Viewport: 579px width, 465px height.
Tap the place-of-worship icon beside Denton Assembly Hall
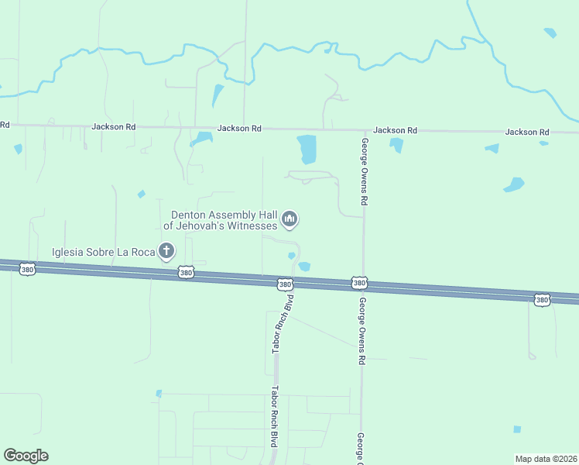290,220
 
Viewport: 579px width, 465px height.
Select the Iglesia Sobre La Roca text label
102,251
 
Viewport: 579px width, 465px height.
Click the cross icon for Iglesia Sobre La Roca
166,251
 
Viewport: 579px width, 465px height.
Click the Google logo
26,456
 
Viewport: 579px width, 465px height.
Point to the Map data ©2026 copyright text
545,459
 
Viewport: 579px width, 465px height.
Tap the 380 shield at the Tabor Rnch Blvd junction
286,284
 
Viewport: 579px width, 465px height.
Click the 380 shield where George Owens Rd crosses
359,284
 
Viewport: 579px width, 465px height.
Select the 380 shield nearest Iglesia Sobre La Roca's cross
185,272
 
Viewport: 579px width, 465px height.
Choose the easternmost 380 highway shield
542,299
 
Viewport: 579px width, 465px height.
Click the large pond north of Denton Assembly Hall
307,148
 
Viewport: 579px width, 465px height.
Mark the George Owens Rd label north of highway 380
364,171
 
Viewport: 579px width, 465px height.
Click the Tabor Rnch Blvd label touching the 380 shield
283,325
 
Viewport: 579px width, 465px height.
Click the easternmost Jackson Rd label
527,133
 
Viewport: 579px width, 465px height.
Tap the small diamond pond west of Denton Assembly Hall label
141,194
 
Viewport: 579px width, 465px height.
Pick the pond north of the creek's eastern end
550,33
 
